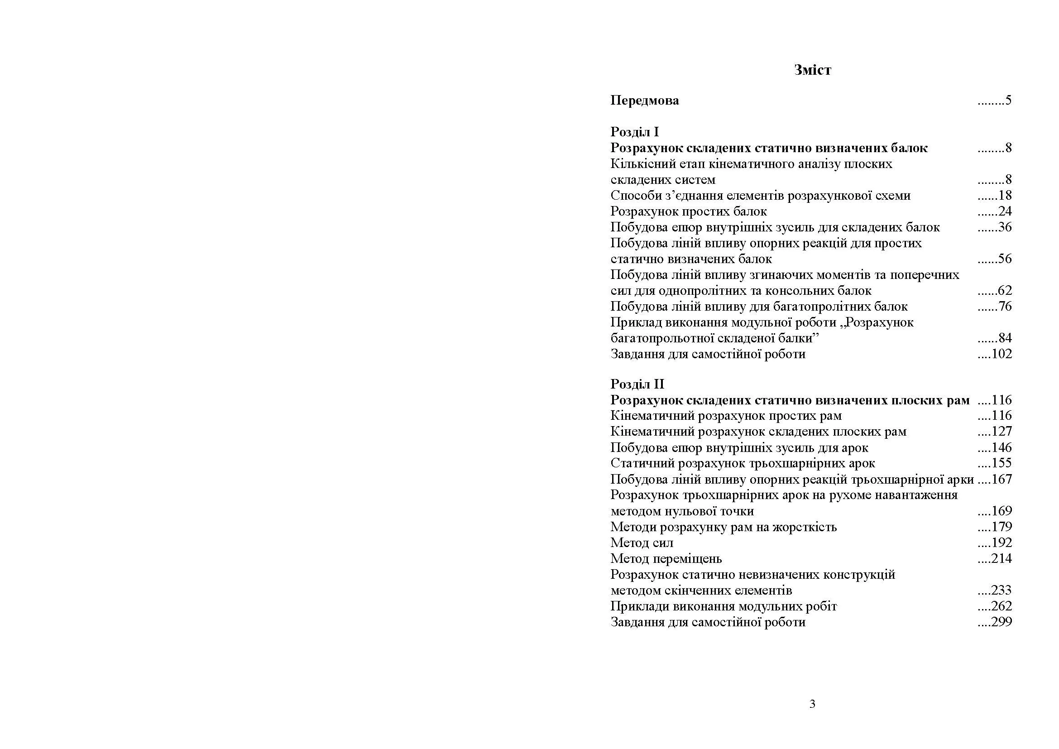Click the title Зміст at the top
click(812, 70)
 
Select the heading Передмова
click(644, 101)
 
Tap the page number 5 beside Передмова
click(1008, 101)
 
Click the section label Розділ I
click(634, 132)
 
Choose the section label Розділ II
click(637, 384)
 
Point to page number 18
click(1004, 196)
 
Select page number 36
click(1004, 227)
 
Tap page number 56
click(1004, 259)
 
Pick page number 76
click(1004, 307)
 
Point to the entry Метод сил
click(642, 543)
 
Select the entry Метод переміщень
click(666, 559)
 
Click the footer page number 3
click(812, 704)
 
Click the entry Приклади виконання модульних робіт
click(723, 606)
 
